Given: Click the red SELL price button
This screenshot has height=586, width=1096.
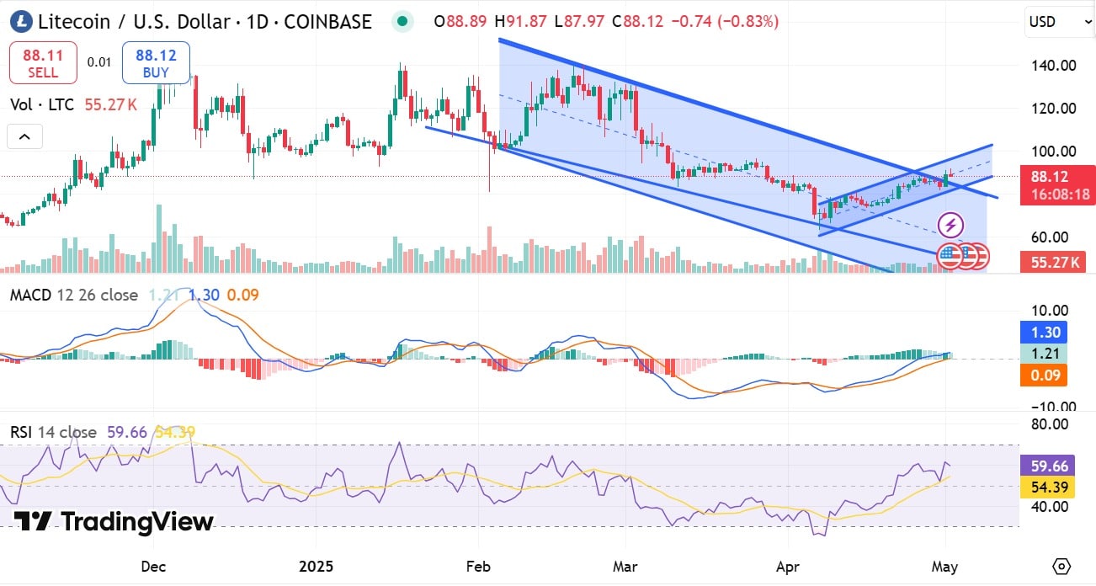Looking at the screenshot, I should point(43,63).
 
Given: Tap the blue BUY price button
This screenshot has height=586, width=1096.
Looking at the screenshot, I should point(156,63).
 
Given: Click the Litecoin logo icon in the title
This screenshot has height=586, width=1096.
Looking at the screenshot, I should point(20,22).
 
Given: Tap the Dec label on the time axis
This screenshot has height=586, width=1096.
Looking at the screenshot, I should point(153,566).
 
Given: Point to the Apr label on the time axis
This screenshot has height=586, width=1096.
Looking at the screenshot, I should point(787,566).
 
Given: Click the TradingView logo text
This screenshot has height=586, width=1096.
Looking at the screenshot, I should point(114,522).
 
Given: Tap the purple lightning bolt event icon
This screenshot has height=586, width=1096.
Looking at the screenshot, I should point(950,226).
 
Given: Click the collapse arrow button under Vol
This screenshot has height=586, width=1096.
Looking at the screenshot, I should point(24,136).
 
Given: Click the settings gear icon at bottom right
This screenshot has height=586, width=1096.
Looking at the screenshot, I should point(1061,565).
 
